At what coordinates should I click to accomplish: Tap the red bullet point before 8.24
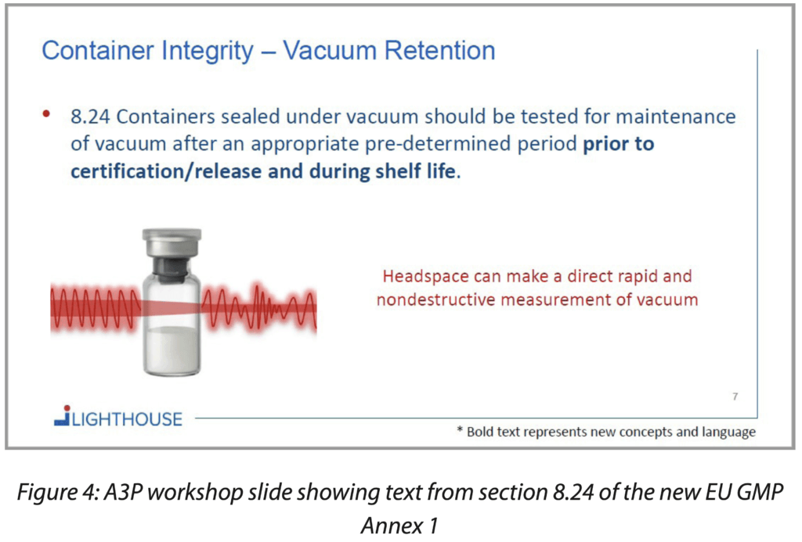pos(46,114)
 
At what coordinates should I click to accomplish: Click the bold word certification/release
pos(164,170)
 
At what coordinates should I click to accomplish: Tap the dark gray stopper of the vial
pos(172,269)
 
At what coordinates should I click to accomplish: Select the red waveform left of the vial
pos(94,305)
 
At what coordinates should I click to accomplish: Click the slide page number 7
pos(735,397)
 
